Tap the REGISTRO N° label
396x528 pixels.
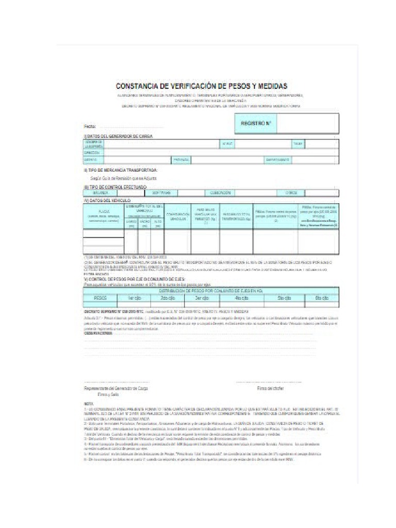tap(255, 124)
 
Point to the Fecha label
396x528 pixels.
tap(90, 126)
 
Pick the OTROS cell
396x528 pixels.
tap(291, 193)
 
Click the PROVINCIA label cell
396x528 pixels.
tap(181, 160)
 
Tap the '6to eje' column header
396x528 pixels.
tap(321, 298)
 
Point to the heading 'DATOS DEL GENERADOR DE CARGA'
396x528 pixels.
tap(119, 136)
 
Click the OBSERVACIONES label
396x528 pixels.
tap(98, 333)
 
